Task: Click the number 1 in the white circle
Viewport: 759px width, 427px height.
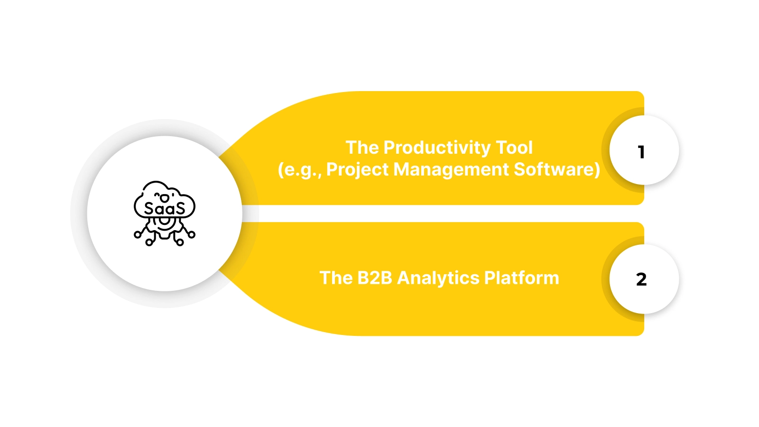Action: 641,152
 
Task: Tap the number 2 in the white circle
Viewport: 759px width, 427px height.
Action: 641,279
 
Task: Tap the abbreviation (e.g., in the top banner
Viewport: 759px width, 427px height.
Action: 299,170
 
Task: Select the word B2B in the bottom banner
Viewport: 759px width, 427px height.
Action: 375,278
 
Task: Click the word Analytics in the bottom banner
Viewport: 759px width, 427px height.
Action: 438,278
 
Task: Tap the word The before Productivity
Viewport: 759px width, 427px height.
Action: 362,148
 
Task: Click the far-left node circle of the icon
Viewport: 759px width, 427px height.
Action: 138,234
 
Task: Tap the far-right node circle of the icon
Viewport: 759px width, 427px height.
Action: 192,234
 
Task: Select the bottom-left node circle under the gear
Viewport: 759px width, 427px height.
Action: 149,242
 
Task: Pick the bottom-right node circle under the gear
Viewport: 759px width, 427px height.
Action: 180,242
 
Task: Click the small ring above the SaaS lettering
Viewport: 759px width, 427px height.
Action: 165,198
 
